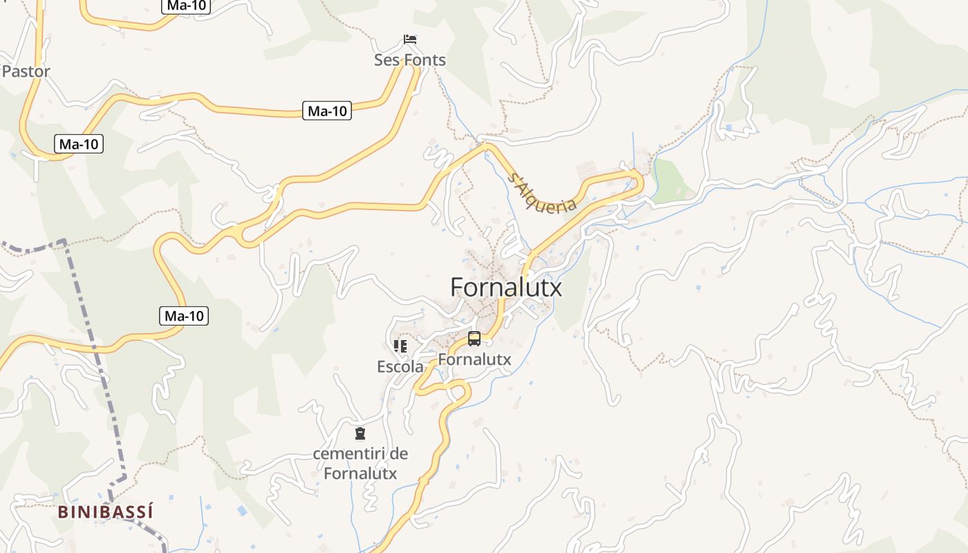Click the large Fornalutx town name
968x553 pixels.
coord(506,287)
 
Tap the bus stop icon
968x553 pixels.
coord(474,339)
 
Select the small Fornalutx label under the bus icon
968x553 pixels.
coord(474,359)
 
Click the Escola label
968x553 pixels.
coord(400,367)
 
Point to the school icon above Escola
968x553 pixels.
coord(400,346)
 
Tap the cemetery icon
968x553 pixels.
coord(360,433)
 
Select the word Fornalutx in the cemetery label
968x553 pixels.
coord(360,474)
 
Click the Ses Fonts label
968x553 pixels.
coord(410,60)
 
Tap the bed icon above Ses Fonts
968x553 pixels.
coord(410,39)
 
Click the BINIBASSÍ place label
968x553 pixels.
coord(106,512)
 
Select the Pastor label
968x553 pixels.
coord(26,71)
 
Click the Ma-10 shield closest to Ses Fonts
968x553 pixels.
coord(327,111)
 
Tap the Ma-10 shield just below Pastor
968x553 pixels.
coord(79,144)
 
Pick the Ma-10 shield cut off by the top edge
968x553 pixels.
coord(186,6)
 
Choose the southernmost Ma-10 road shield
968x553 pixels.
coord(184,316)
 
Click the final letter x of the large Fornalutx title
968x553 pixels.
coord(555,288)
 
